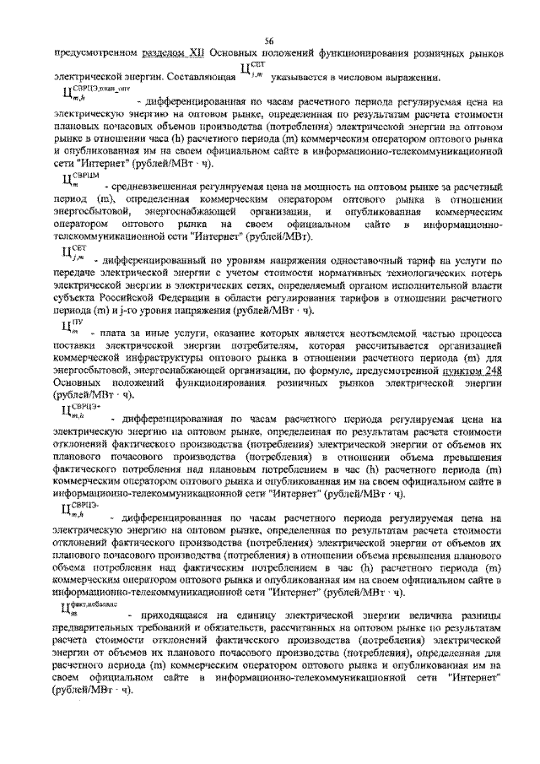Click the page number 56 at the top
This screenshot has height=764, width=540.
point(269,41)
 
